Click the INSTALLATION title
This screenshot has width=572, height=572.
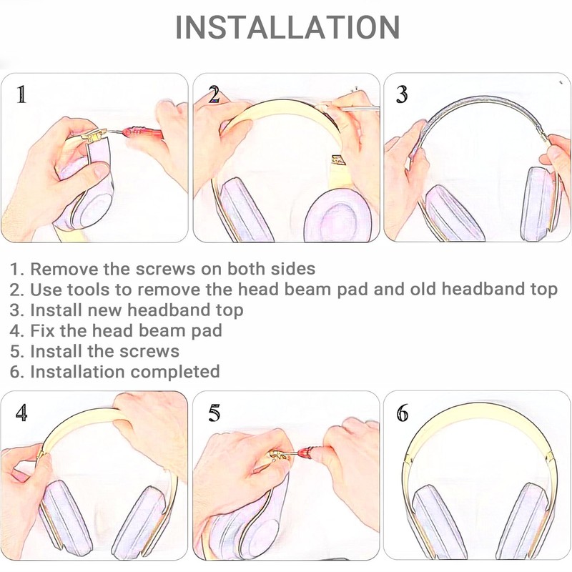(x=287, y=27)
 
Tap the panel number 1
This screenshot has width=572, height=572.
(x=21, y=94)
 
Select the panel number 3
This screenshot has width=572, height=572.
(x=402, y=94)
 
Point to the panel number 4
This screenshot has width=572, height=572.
(x=21, y=413)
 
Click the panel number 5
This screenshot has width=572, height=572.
(x=214, y=413)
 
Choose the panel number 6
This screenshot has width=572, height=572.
(x=403, y=413)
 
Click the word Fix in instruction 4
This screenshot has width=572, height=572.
(x=43, y=331)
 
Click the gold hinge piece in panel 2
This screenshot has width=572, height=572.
(x=337, y=160)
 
